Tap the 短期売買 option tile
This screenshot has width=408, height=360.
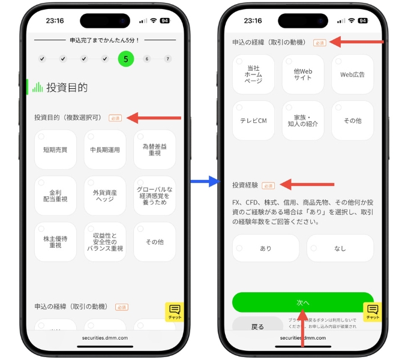(x=56, y=149)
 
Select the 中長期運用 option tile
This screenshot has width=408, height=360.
(x=105, y=149)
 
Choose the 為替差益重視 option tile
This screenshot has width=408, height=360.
(x=155, y=149)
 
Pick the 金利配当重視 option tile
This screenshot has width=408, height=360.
(x=56, y=196)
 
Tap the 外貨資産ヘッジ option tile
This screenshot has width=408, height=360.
(x=105, y=196)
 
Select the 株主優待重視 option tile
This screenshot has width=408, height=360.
(x=56, y=242)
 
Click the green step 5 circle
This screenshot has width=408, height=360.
(x=126, y=59)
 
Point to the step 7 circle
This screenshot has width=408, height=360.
(x=167, y=59)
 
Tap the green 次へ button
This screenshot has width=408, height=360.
(x=302, y=302)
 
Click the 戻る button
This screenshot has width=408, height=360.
(x=257, y=327)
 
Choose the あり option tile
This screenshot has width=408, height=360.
(x=265, y=248)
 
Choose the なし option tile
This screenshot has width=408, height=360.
(x=340, y=248)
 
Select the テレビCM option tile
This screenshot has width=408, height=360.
(x=253, y=121)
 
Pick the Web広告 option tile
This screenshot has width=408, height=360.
(x=352, y=74)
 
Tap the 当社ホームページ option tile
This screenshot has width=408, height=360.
(x=253, y=74)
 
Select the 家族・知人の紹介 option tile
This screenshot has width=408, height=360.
(x=302, y=121)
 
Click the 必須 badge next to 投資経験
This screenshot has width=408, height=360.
(x=268, y=186)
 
